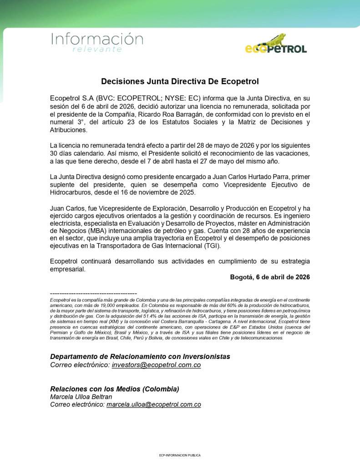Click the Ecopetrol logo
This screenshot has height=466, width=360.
(x=276, y=45)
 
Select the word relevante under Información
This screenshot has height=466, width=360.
(x=97, y=49)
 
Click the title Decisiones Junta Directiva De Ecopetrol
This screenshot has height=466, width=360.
(x=180, y=82)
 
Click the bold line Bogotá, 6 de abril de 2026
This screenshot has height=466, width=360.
(x=270, y=277)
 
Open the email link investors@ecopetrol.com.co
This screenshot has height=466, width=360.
(x=156, y=365)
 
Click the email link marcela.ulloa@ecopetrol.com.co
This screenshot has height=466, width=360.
(x=153, y=405)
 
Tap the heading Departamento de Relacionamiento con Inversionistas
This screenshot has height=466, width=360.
(x=140, y=356)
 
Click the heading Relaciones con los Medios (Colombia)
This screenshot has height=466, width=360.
(x=114, y=389)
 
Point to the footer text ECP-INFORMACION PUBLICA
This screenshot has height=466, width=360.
(x=180, y=455)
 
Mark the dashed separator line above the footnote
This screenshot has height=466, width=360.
(x=93, y=293)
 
